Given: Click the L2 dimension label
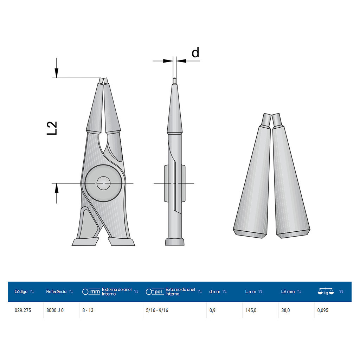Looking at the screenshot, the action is (x=52, y=128).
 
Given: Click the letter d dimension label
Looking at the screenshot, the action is (x=195, y=53).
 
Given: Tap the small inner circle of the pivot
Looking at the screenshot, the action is (x=104, y=183).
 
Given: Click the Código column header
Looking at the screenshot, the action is (x=21, y=291).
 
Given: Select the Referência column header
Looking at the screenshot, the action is (x=56, y=291).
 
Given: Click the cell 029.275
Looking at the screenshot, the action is (x=23, y=310).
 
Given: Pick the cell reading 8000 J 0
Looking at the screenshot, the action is (x=55, y=310).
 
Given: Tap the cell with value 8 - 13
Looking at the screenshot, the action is (x=88, y=310).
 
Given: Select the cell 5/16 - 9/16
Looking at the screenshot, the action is (x=157, y=310).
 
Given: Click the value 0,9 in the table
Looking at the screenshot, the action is (x=212, y=310).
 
